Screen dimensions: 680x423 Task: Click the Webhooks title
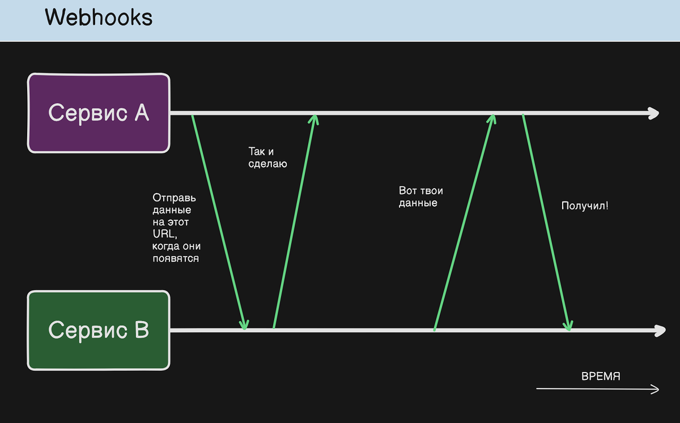99,18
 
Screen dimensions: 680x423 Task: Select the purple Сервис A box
99,113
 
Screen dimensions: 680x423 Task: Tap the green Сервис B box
99,330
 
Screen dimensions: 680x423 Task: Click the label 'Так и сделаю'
267,157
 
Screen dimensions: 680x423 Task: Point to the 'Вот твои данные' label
420,196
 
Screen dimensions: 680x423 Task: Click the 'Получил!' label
585,206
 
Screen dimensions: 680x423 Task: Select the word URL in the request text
164,234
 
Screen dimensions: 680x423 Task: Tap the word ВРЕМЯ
601,376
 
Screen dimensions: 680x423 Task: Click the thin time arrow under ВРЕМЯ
597,388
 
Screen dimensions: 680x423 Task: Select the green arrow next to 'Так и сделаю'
295,221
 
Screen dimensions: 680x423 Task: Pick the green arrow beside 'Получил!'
546,223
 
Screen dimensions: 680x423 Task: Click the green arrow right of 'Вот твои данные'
465,223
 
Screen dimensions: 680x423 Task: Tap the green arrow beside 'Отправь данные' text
219,222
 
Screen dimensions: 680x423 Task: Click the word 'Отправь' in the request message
174,198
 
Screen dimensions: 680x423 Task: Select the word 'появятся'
176,259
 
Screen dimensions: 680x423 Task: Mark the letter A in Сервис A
142,113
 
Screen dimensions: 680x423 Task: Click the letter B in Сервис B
142,330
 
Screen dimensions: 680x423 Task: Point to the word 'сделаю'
267,164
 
